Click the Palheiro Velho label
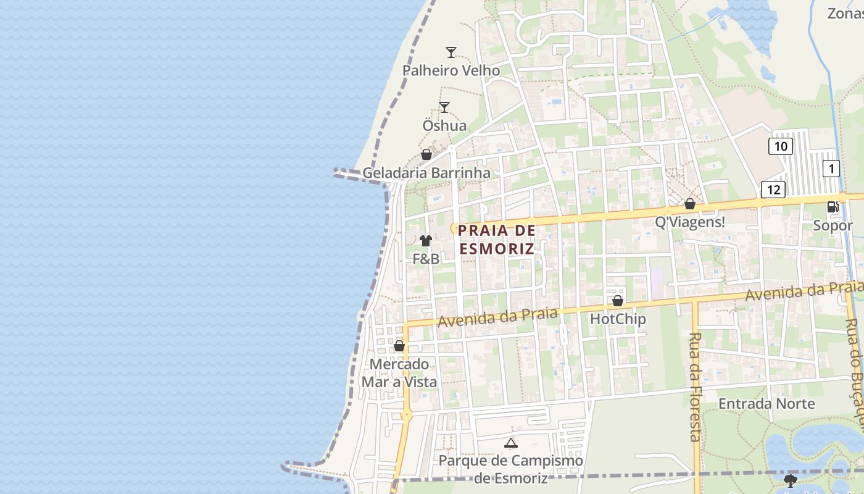click(x=451, y=70)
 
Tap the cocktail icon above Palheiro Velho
click(x=451, y=52)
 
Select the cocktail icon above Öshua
click(x=444, y=107)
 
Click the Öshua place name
click(x=444, y=125)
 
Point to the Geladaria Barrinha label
click(x=426, y=173)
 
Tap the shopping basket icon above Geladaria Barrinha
click(x=426, y=154)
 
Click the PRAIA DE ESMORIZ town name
click(x=497, y=240)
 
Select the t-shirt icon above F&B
click(x=426, y=241)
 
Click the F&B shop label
click(x=426, y=259)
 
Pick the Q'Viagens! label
click(x=690, y=222)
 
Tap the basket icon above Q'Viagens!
click(x=690, y=204)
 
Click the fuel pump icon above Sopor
click(x=833, y=207)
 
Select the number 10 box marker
click(x=781, y=146)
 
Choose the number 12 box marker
click(x=773, y=190)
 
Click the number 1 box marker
click(x=831, y=168)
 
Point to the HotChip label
click(x=618, y=319)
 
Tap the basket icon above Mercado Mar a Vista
click(x=399, y=346)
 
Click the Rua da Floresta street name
click(x=695, y=387)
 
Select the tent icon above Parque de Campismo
click(x=510, y=443)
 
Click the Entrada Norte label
click(x=766, y=404)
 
